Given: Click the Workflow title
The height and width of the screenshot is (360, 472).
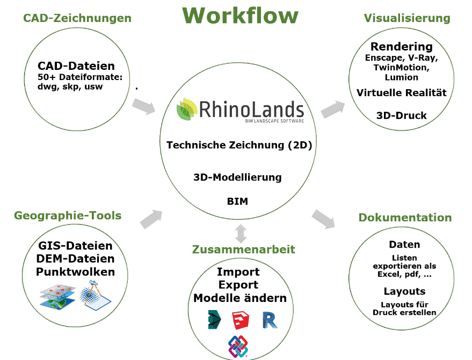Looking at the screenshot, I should click(x=240, y=15).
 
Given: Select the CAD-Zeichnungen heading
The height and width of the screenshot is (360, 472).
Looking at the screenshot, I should click(x=77, y=18).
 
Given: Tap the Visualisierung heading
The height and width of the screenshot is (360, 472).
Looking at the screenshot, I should click(x=407, y=18).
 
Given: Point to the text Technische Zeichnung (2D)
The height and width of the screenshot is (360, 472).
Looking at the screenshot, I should click(x=239, y=145).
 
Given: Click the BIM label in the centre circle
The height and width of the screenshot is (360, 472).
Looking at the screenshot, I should click(x=237, y=201).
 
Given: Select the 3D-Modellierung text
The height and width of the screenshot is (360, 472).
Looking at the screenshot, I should click(x=237, y=177).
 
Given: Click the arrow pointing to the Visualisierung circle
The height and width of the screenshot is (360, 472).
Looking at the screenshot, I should click(x=333, y=109).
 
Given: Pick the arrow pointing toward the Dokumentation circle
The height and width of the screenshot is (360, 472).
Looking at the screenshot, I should click(x=323, y=218).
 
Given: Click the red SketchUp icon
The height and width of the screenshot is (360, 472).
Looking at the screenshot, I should click(x=240, y=320).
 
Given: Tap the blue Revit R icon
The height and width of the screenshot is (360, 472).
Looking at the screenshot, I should click(x=270, y=320).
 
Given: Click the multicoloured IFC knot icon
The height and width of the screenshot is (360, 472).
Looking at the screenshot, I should click(x=238, y=347).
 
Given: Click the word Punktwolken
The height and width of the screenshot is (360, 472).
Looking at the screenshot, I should click(x=75, y=272).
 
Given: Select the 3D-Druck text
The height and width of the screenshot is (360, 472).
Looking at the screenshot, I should click(x=402, y=116).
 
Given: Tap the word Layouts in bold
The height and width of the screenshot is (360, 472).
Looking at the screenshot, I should click(x=404, y=292).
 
